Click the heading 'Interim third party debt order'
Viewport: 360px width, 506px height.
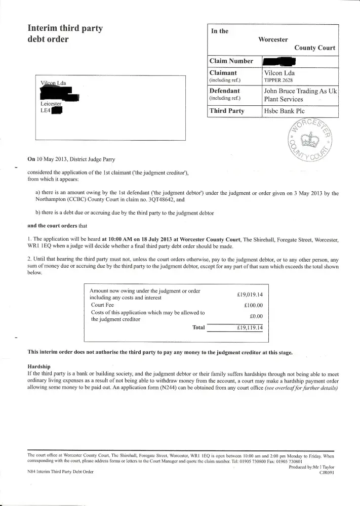[65, 33]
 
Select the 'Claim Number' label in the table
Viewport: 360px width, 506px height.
[231, 61]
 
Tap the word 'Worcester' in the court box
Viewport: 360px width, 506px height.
[273, 39]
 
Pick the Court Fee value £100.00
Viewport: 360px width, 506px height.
[253, 306]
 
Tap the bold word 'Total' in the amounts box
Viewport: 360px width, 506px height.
[198, 327]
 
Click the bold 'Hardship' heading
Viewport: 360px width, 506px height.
[41, 366]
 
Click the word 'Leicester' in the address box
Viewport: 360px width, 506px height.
[51, 104]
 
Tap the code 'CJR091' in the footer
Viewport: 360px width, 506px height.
[327, 472]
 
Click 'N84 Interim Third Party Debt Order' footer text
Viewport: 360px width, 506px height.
[60, 472]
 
